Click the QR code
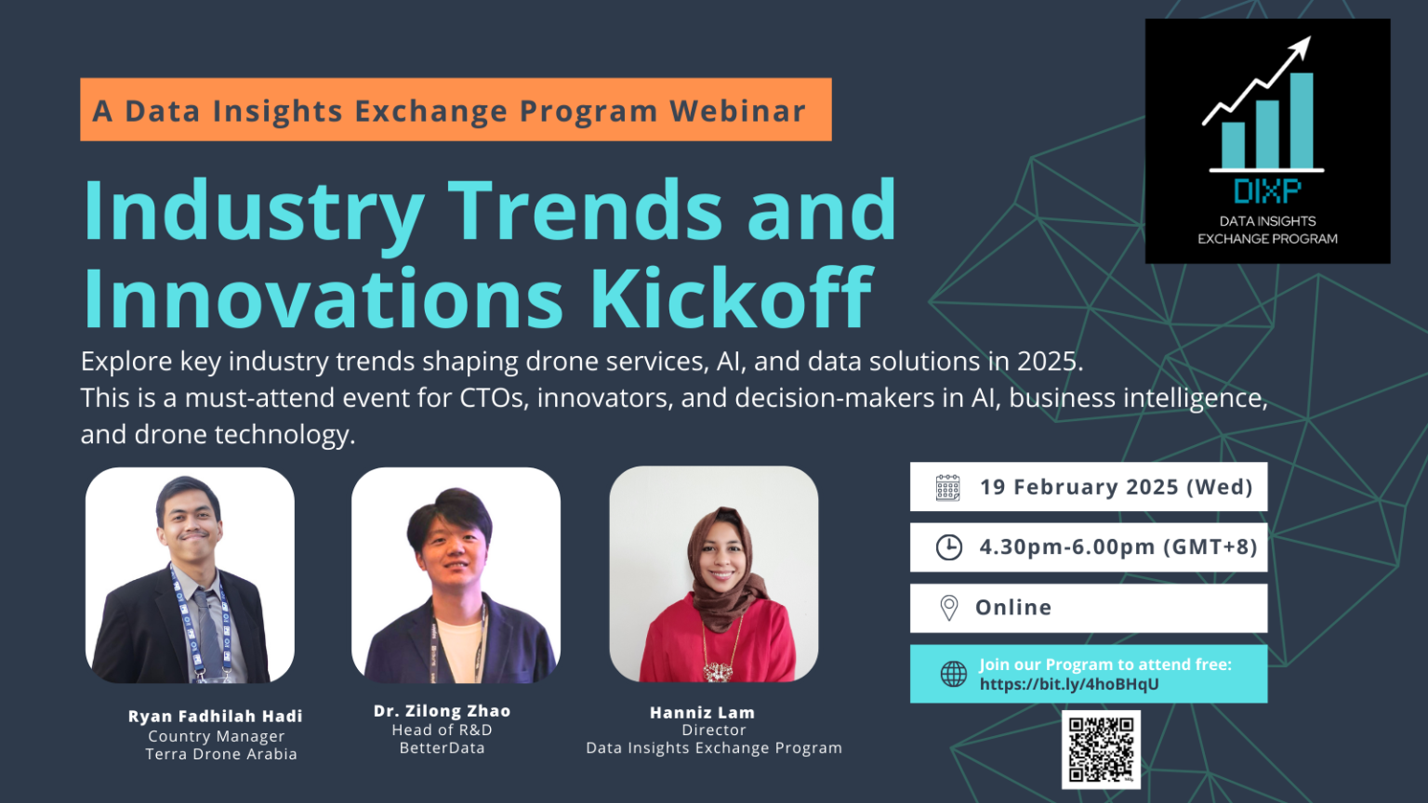tap(1101, 749)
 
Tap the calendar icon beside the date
tap(947, 487)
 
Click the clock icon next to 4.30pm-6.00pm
tap(948, 547)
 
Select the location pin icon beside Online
tap(948, 608)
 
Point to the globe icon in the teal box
tap(953, 674)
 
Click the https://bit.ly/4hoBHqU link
tap(1069, 684)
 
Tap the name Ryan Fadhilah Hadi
tap(216, 717)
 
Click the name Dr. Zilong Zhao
tap(442, 711)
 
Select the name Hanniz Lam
tap(702, 713)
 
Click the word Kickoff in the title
tap(731, 298)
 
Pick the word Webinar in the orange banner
tap(737, 111)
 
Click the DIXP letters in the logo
tap(1267, 191)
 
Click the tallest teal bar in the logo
tap(1302, 121)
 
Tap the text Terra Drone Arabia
tap(221, 754)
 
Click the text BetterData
tap(442, 748)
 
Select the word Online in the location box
tap(1013, 608)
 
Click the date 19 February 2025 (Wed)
tap(1116, 487)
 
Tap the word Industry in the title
tap(254, 211)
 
